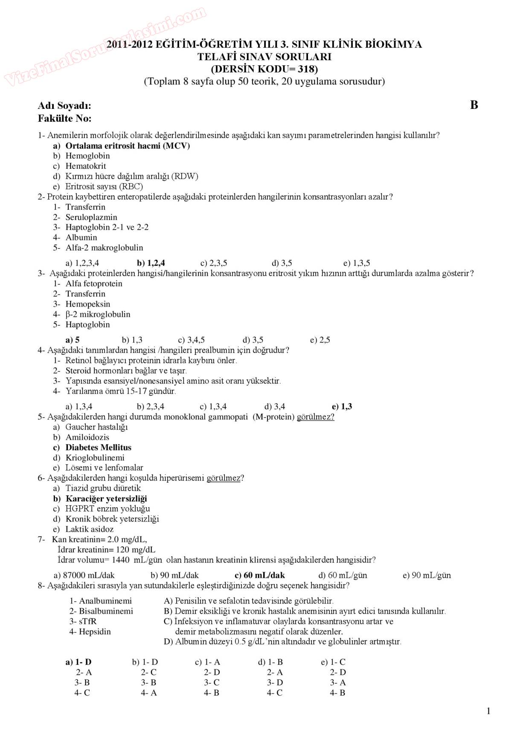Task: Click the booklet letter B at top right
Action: click(474, 105)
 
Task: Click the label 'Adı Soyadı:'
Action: click(64, 106)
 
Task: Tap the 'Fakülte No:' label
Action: click(64, 118)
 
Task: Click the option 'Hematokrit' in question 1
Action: click(85, 166)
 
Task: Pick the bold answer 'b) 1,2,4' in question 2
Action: click(151, 263)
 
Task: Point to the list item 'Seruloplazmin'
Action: click(91, 217)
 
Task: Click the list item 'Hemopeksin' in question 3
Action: click(87, 304)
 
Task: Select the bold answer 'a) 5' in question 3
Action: click(73, 340)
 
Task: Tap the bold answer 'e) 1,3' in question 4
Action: click(342, 407)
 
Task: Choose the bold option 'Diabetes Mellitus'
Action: click(98, 448)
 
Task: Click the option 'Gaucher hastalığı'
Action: click(96, 427)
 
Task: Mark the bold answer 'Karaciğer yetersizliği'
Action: click(106, 499)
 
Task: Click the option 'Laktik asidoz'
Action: click(89, 529)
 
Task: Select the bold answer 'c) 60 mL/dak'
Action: click(260, 575)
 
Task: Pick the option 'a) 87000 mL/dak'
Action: click(84, 575)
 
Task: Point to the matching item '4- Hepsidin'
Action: click(90, 632)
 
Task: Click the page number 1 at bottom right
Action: click(488, 711)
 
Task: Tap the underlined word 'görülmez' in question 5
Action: click(315, 417)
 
